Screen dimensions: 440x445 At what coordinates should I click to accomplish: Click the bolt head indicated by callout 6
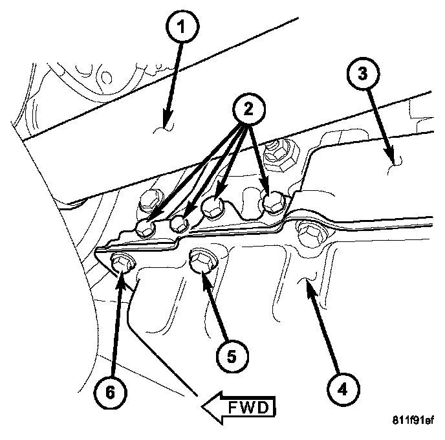121,263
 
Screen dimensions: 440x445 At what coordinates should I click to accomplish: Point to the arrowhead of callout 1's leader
166,124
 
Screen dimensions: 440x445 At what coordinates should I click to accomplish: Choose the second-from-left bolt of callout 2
180,224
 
